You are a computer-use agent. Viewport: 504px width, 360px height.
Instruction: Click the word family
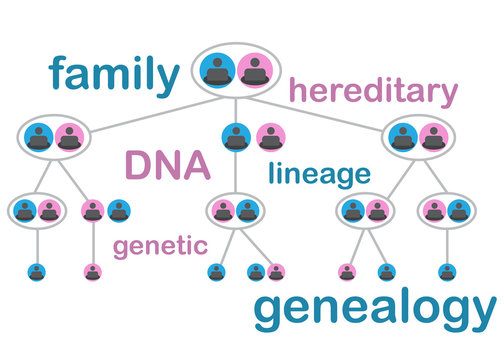(x=111, y=72)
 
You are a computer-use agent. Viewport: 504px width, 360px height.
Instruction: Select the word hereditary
(x=372, y=92)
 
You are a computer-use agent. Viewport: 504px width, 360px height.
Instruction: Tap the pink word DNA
(x=166, y=166)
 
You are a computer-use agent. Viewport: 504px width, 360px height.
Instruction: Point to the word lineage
(x=319, y=174)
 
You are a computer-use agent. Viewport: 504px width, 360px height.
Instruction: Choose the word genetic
(x=160, y=246)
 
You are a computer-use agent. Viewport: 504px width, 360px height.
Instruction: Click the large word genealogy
(x=373, y=312)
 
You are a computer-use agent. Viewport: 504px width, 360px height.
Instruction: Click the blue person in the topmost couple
(x=219, y=70)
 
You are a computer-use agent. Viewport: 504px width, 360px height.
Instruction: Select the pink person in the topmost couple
(x=255, y=70)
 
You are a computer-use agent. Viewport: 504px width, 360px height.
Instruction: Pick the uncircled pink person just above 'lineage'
(x=267, y=136)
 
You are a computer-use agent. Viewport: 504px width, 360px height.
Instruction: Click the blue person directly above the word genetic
(x=119, y=211)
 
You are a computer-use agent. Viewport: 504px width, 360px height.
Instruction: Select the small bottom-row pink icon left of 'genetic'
(x=92, y=271)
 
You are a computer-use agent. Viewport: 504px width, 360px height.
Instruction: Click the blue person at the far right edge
(x=459, y=211)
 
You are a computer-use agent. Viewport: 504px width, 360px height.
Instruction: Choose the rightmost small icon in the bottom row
(x=447, y=271)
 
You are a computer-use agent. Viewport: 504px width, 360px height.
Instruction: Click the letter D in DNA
(x=138, y=166)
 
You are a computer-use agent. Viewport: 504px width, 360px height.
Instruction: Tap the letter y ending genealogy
(x=479, y=316)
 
